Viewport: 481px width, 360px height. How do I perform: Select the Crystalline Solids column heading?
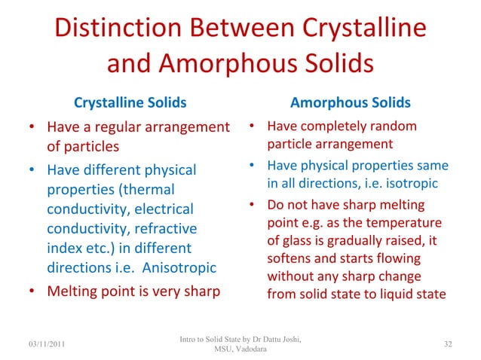[129, 102]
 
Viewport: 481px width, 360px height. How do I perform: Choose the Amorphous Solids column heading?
[351, 102]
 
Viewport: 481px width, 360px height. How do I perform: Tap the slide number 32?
[448, 344]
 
